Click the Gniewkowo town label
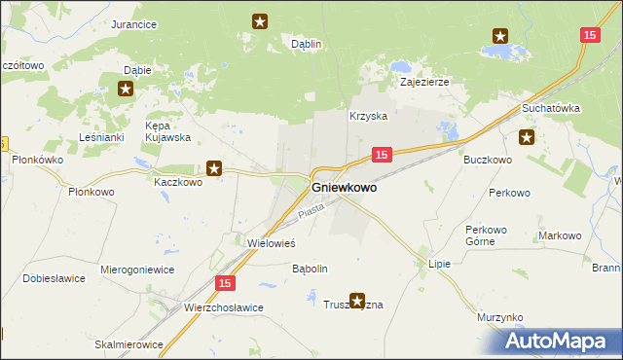(x=344, y=188)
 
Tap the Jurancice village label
(x=134, y=24)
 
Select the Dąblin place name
(x=307, y=44)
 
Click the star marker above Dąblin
(x=260, y=20)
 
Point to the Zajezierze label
(x=424, y=83)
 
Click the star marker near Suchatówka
(x=528, y=137)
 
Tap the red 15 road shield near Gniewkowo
(x=382, y=155)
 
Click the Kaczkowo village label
(x=178, y=181)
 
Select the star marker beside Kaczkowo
(x=215, y=169)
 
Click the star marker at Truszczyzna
(x=357, y=302)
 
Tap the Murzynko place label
(x=500, y=318)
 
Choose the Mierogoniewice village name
(x=137, y=269)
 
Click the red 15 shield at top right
(x=589, y=35)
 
